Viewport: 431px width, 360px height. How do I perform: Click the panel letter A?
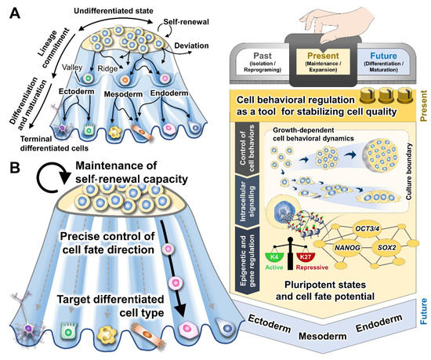pyautogui.click(x=10, y=10)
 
